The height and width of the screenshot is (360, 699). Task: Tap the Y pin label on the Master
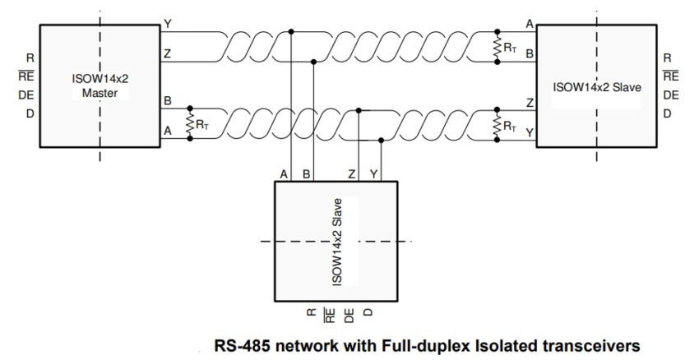coord(168,25)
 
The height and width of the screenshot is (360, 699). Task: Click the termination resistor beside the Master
coord(191,123)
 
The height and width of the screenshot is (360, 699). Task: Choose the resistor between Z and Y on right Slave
coord(497,123)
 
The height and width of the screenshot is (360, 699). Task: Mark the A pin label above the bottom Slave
coord(284,173)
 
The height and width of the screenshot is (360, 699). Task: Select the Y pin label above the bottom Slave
coord(374,173)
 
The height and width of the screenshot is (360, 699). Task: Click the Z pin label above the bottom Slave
coord(352,173)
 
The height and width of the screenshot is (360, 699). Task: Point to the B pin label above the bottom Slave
coord(306,173)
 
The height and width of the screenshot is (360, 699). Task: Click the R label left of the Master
coord(30,58)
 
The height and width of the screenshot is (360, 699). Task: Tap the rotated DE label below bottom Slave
coord(349,313)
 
